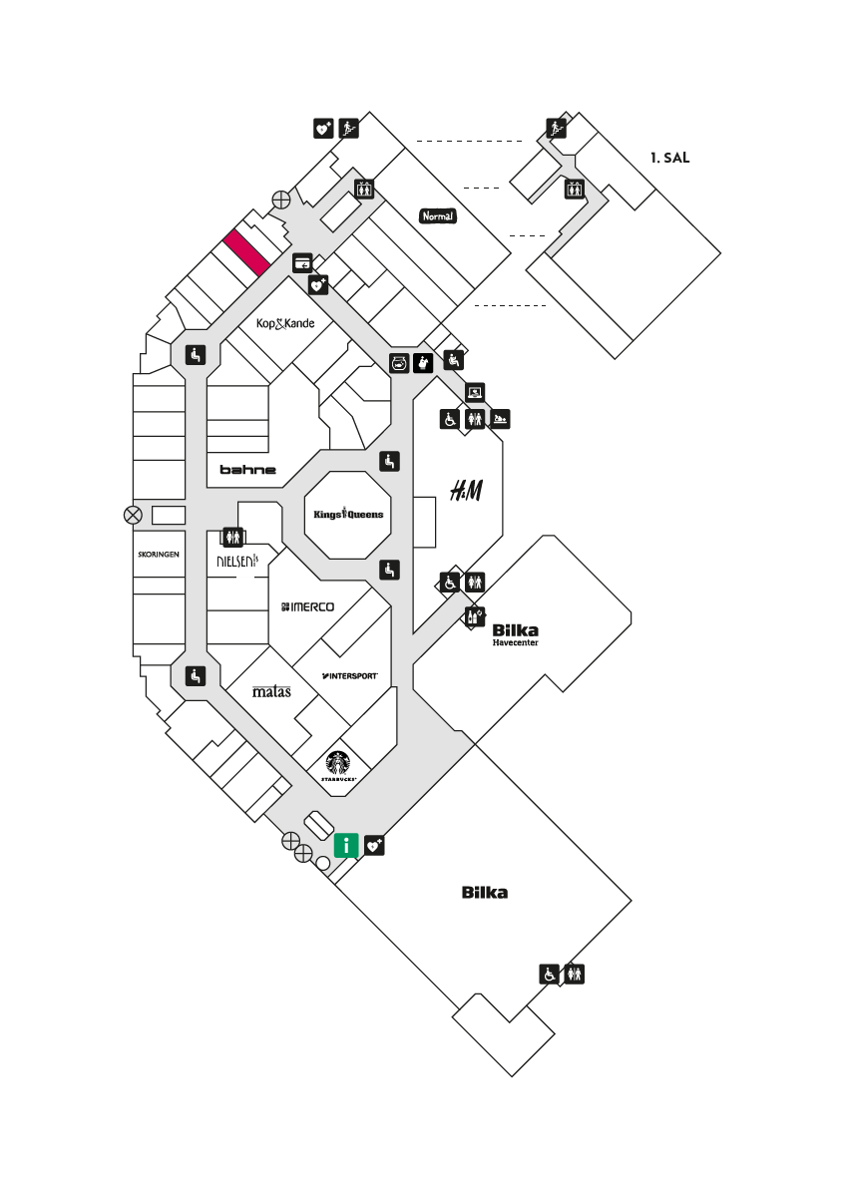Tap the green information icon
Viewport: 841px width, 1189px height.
tap(346, 845)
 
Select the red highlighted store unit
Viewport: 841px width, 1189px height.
tap(246, 252)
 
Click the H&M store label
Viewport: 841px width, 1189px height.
tap(466, 491)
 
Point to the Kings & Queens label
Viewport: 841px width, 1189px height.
tap(348, 514)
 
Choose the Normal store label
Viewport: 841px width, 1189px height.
tap(438, 216)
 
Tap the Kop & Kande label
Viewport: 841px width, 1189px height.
tap(285, 323)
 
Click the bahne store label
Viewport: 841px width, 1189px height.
tap(248, 470)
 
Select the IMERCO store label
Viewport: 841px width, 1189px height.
tap(307, 606)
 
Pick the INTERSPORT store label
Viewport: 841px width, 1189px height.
tap(349, 675)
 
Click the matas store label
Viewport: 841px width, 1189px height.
tap(271, 691)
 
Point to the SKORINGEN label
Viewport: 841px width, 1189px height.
tap(159, 555)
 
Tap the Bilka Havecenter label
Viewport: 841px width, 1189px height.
tap(516, 634)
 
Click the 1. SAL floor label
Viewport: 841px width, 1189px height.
tap(669, 158)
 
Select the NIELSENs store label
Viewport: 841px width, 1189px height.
tap(237, 561)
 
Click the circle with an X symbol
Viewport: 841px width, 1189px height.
tap(133, 516)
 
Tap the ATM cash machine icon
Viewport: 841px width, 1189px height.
tap(302, 262)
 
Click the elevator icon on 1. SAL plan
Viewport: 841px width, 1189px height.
tap(574, 189)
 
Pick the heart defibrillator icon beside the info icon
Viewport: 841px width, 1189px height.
tap(375, 845)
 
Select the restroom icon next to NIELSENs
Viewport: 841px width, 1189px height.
tap(232, 537)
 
